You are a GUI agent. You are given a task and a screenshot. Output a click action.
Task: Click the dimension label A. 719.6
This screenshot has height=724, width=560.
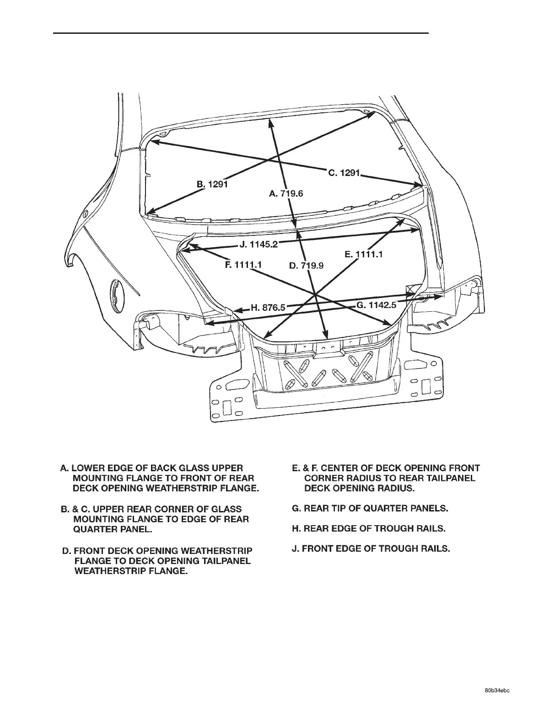coord(286,194)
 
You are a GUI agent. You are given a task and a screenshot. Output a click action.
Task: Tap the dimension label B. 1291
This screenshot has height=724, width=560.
coord(212,184)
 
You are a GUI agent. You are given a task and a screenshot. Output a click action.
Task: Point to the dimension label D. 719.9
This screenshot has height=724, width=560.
coord(307,265)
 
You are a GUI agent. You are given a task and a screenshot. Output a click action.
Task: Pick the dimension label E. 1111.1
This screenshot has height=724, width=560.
coord(363,255)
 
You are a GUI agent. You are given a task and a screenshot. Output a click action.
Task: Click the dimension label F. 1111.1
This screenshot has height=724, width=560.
coord(243,265)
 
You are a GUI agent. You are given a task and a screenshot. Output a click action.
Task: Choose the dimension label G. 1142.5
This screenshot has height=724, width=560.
coord(376,305)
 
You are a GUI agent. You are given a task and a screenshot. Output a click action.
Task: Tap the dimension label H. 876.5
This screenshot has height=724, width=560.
coord(268,308)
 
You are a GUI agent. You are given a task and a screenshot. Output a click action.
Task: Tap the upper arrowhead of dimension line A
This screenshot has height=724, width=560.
coord(270,120)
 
